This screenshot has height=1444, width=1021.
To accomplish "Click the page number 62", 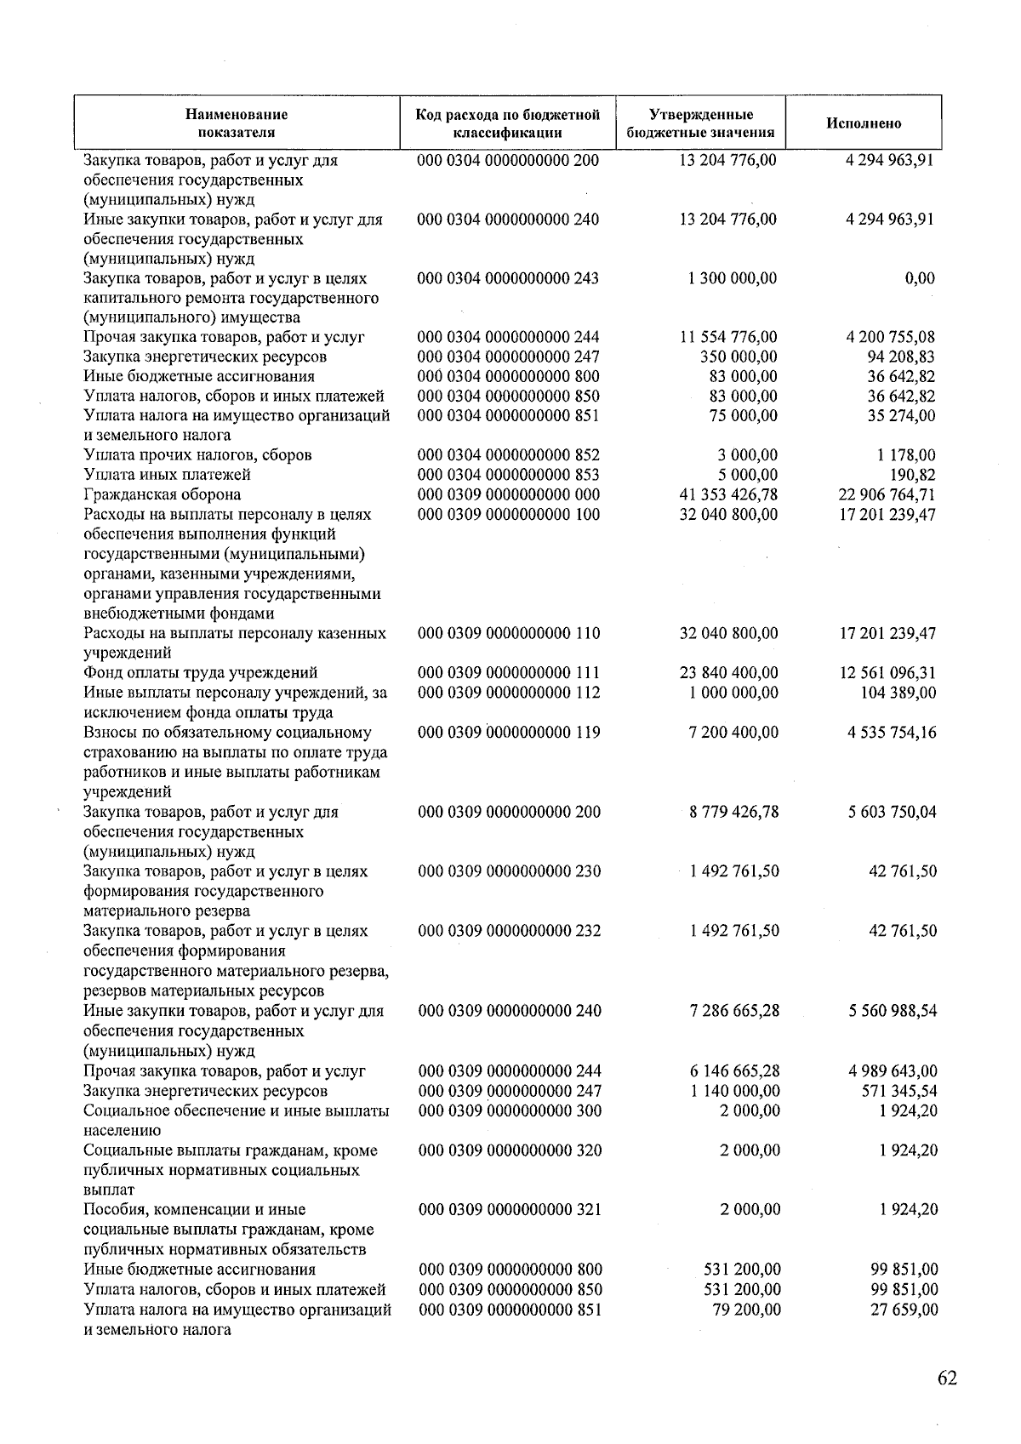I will click(x=947, y=1378).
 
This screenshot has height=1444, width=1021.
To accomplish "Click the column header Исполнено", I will click(x=863, y=123).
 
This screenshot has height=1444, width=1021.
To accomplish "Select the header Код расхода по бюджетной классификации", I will click(x=508, y=123).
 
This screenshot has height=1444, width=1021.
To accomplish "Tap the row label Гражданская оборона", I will click(x=162, y=494).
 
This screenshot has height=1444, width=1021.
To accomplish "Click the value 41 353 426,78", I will click(x=728, y=494).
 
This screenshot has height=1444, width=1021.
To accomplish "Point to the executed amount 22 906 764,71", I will click(x=887, y=494).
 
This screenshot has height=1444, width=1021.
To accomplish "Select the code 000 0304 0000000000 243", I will click(x=508, y=278).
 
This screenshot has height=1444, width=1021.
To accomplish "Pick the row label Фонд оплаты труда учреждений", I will click(x=201, y=673).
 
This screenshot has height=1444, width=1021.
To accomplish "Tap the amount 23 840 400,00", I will click(x=729, y=673).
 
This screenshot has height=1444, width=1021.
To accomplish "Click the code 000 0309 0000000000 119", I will click(x=509, y=733).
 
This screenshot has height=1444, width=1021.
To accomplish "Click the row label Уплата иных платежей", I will click(x=167, y=475).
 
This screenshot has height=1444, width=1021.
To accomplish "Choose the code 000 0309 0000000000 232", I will click(x=510, y=931).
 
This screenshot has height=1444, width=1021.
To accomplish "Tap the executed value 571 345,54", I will click(x=899, y=1091).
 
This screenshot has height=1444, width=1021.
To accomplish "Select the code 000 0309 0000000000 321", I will click(x=510, y=1210).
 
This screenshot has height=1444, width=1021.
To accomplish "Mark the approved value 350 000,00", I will click(x=738, y=357).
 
